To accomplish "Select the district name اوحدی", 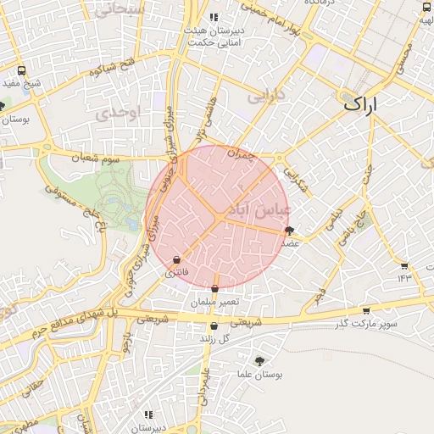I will [x=116, y=114].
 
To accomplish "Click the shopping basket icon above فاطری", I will [x=176, y=259].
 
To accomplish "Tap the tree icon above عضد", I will [x=290, y=230].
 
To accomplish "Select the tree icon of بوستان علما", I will [x=259, y=360].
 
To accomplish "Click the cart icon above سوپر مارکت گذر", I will [x=366, y=310].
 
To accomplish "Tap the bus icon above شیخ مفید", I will [x=22, y=71].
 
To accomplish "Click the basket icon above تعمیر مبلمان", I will [x=214, y=289].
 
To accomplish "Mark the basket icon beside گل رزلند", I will [x=214, y=326].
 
